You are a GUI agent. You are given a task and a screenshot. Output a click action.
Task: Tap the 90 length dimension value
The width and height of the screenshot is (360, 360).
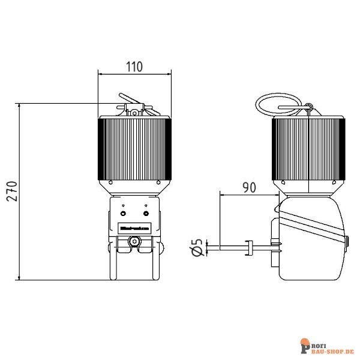248,187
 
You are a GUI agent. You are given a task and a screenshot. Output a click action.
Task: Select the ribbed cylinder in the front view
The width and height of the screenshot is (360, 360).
135,149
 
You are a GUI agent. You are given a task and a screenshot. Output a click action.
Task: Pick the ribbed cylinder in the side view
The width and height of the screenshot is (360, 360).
308,149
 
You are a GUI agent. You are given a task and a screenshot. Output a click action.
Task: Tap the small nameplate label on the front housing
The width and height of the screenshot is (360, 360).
135,228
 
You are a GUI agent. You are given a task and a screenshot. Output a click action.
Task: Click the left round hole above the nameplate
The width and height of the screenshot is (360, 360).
124,214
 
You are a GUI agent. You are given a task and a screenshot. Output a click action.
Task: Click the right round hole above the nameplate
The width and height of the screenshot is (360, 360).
146,214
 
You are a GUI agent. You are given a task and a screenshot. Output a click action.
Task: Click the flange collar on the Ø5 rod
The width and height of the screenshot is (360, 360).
247,247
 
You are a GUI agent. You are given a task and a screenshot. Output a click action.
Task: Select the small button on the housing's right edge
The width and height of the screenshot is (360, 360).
347,242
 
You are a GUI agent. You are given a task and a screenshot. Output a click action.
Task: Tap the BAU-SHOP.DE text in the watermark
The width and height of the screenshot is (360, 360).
332,349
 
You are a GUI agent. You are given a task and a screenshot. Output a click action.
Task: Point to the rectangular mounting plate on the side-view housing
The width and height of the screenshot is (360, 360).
277,246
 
